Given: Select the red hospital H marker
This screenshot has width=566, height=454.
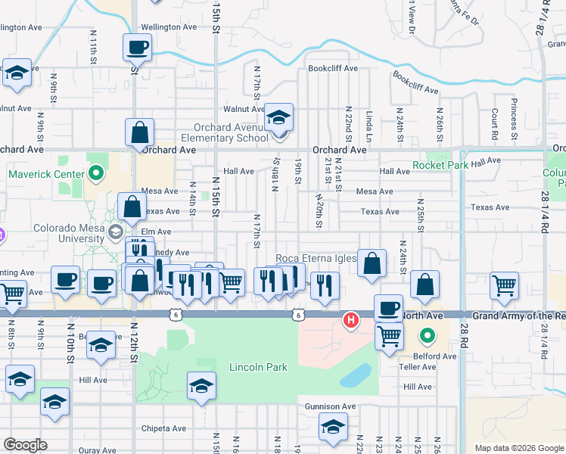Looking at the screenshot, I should pyautogui.click(x=351, y=321).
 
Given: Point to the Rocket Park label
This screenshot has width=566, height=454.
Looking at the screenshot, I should pyautogui.click(x=440, y=165).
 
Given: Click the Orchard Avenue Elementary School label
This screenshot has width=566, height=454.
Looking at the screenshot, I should pyautogui.click(x=225, y=132).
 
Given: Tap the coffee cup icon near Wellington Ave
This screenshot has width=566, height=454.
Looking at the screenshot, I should pyautogui.click(x=137, y=48).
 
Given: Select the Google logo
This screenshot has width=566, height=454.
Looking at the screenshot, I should pyautogui.click(x=25, y=445).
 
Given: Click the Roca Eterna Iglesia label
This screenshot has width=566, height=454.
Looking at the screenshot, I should pyautogui.click(x=316, y=258).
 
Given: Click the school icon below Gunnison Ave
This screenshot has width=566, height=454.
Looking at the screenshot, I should pyautogui.click(x=332, y=428).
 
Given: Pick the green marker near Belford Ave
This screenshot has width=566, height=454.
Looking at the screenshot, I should pyautogui.click(x=428, y=334).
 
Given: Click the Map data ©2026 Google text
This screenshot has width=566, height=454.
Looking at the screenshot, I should pyautogui.click(x=518, y=448).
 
